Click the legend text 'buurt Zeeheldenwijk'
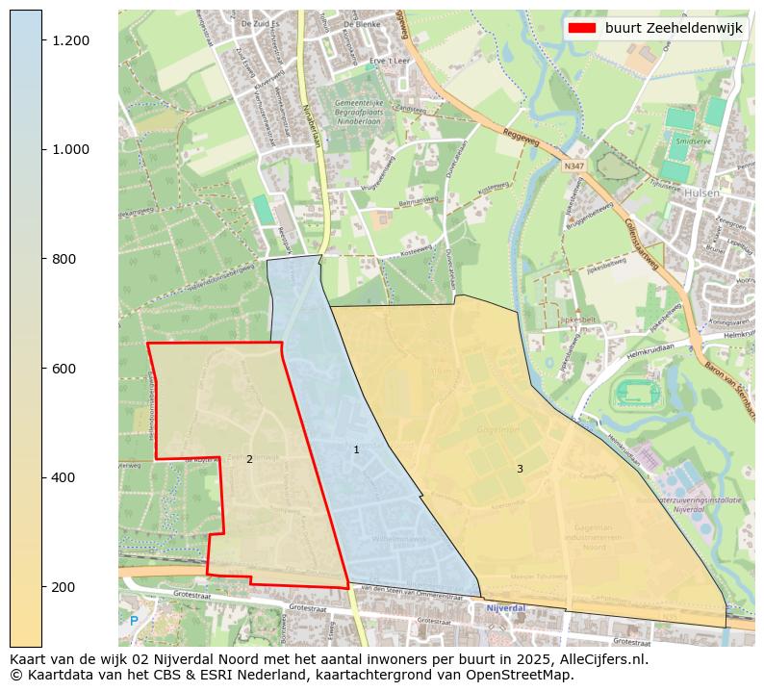click(674, 28)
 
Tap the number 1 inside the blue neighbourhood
click(356, 449)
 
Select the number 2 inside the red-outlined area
click(249, 459)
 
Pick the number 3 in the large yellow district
click(520, 469)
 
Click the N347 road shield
click(573, 166)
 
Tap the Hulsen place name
click(703, 192)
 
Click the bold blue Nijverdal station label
click(505, 608)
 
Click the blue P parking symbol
click(134, 621)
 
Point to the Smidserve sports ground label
click(692, 141)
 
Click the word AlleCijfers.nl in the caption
click(604, 660)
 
